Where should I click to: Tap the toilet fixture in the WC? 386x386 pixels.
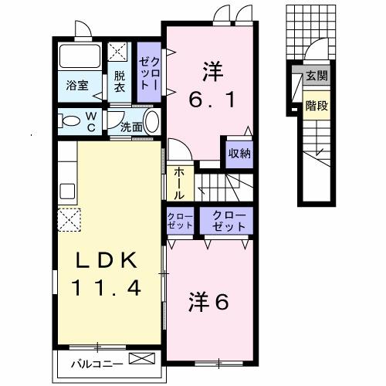click(69, 121)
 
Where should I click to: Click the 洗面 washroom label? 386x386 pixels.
click(130, 127)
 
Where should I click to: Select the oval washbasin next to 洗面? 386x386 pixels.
click(151, 122)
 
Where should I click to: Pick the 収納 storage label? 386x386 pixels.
click(239, 153)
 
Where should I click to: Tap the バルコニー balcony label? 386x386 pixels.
click(93, 361)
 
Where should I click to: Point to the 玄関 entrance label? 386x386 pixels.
click(317, 76)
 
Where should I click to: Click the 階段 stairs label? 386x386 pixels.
click(317, 104)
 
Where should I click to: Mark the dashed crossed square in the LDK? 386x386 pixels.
click(69, 220)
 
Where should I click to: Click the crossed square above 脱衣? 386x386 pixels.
click(119, 52)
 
